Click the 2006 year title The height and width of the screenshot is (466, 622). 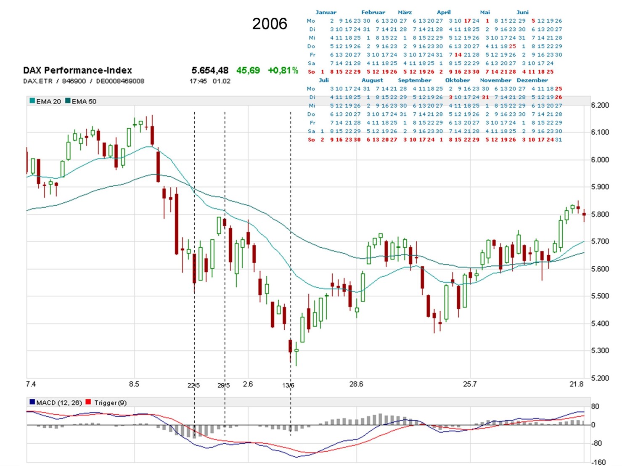[x=270, y=24]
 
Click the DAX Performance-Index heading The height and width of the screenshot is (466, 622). [x=77, y=70]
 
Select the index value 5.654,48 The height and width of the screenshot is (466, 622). [x=210, y=70]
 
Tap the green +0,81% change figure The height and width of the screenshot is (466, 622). [x=283, y=70]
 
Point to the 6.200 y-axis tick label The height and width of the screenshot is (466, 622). [x=600, y=105]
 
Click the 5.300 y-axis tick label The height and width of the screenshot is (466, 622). [x=600, y=350]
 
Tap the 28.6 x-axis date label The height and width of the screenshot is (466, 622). [x=356, y=384]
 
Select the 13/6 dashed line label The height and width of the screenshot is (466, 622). [x=288, y=385]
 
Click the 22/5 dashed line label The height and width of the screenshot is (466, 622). [x=193, y=385]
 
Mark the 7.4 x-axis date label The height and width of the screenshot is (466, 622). [x=31, y=384]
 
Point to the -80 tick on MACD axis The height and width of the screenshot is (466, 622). [x=597, y=443]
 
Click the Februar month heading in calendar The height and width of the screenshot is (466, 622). [x=373, y=12]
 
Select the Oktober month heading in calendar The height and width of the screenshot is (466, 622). [x=458, y=80]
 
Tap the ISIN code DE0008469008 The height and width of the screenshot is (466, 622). [x=120, y=81]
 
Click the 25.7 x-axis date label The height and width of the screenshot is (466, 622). [x=470, y=384]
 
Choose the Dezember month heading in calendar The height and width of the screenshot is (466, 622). [x=532, y=80]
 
